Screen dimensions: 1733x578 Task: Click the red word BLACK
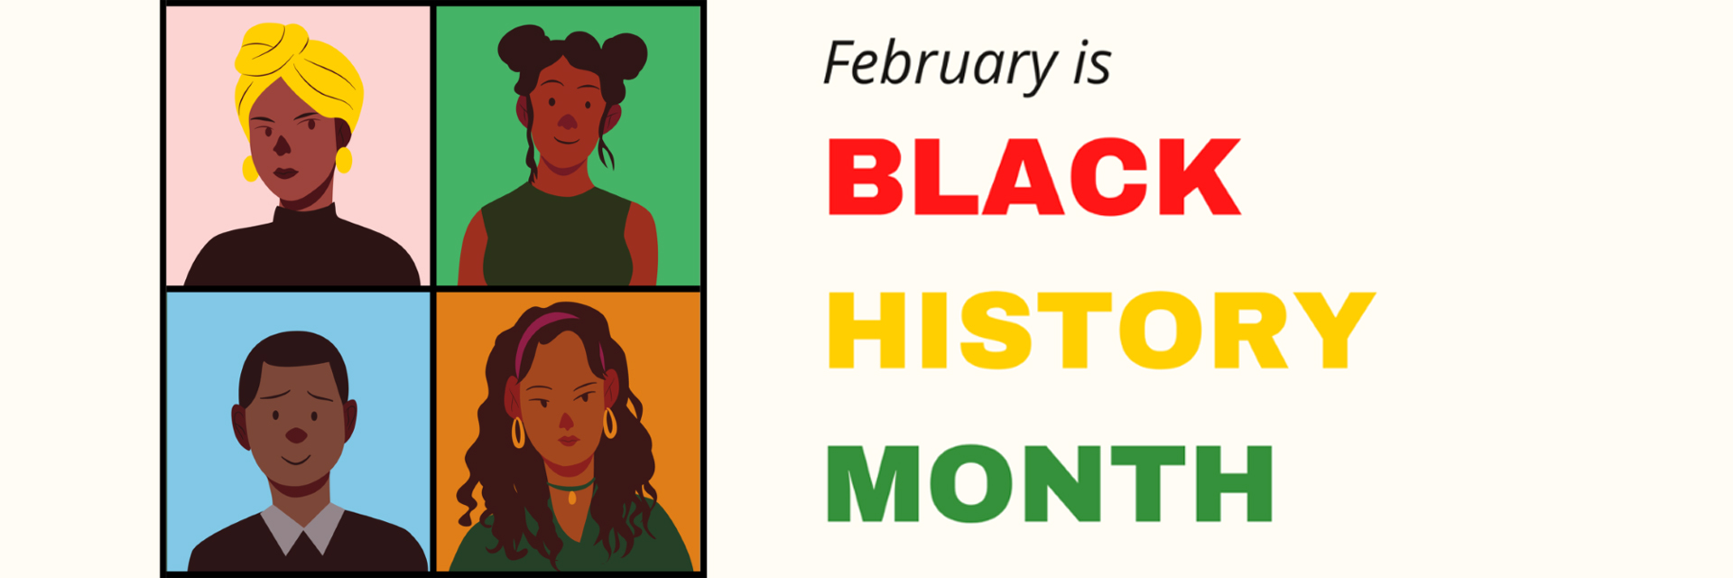tap(1034, 176)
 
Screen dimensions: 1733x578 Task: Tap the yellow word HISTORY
tap(1101, 330)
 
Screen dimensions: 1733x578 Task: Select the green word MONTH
tap(1050, 483)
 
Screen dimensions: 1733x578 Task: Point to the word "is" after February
tap(1092, 63)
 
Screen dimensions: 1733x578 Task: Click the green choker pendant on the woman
tap(571, 496)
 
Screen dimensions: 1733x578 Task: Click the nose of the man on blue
tap(296, 435)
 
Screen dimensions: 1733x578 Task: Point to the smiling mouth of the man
tap(295, 460)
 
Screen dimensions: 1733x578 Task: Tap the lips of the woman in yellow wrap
tap(286, 172)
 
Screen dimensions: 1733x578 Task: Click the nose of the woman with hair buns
tap(567, 121)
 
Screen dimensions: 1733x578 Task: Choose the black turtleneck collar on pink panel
tap(305, 217)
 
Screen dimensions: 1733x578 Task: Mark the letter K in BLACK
tap(1200, 176)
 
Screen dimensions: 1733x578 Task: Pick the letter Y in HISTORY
tap(1334, 330)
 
